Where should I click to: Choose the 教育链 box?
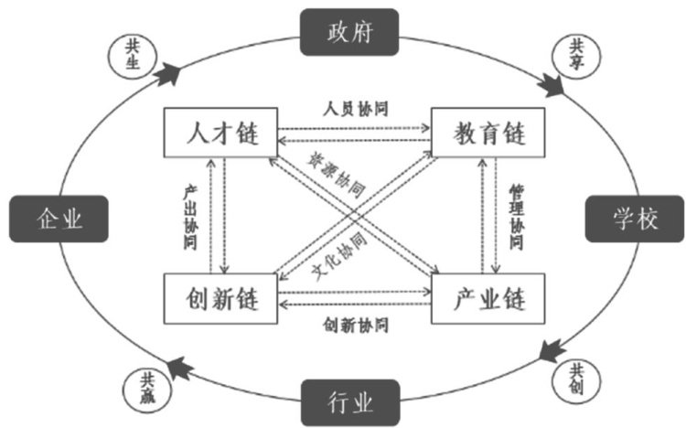tap(488, 134)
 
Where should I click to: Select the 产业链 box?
tap(488, 299)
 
